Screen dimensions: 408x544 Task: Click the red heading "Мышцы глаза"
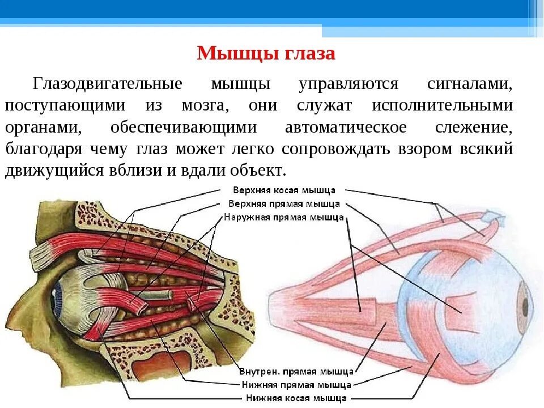coord(266,54)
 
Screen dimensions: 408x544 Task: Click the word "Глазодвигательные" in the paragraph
coord(108,84)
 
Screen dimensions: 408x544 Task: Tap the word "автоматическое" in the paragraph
coord(346,127)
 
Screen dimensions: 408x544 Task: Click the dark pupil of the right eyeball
coord(525,306)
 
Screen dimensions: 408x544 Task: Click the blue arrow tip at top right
coord(490,216)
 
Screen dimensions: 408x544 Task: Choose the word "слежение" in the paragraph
coord(474,127)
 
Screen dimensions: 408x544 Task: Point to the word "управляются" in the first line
coord(348,84)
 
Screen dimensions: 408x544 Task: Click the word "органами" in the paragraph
coord(43,127)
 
